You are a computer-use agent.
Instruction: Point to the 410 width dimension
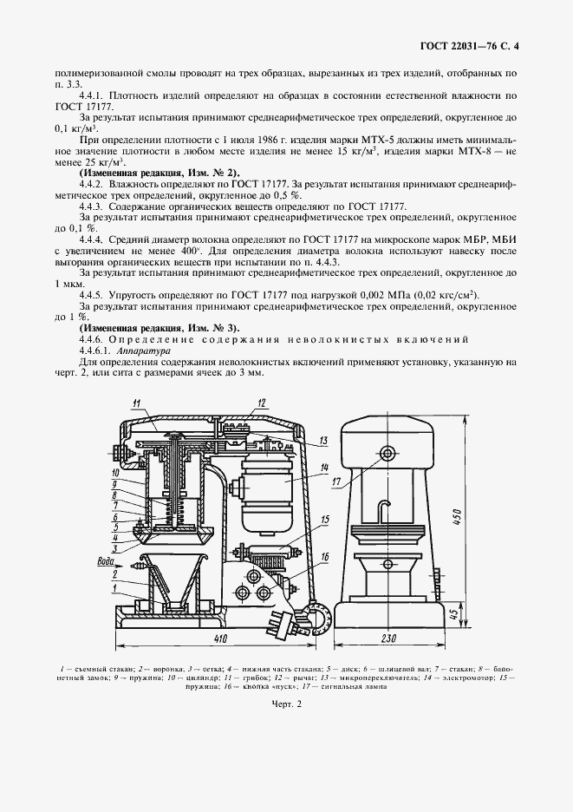222,639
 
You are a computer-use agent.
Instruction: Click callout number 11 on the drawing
136,403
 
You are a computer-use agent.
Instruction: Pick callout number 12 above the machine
260,403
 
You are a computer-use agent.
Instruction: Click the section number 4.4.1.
94,95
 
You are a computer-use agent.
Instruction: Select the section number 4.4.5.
94,295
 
